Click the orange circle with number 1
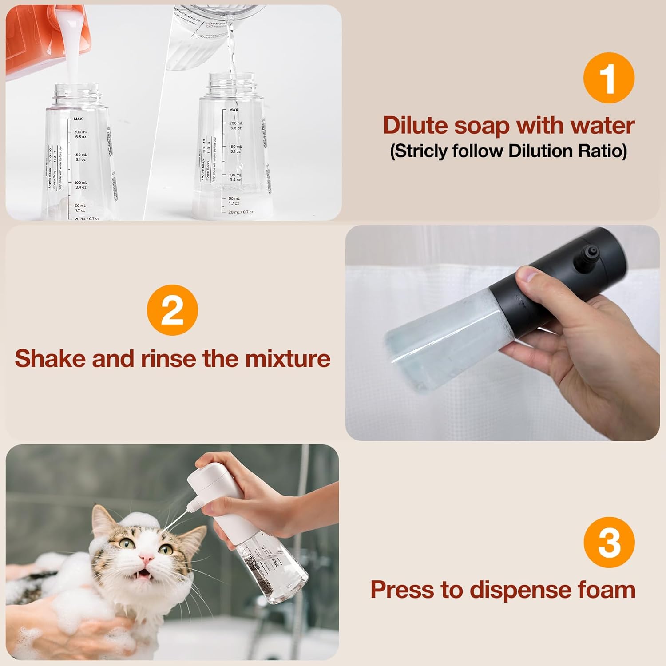pos(609,78)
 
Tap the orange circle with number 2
pos(172,310)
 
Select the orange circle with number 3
pos(609,543)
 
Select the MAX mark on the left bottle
pos(78,119)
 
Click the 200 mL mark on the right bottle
pos(235,123)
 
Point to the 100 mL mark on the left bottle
pos(80,183)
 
